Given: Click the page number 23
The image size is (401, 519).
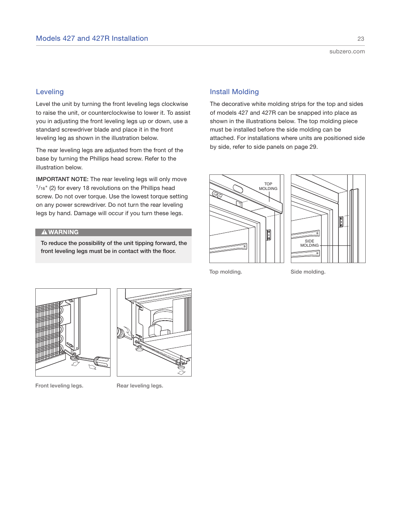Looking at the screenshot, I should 361,39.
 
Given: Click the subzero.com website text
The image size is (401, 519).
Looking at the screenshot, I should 347,52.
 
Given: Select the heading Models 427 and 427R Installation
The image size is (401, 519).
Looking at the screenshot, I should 92,39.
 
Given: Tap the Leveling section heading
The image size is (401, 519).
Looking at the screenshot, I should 50,92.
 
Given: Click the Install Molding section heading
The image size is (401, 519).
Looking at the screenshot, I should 234,92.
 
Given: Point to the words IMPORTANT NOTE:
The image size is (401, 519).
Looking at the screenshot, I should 62,179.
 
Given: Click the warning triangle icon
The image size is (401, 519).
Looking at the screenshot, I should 44,232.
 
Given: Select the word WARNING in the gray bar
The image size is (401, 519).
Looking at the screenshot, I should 63,232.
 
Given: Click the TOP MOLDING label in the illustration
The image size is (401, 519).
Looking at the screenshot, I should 268,186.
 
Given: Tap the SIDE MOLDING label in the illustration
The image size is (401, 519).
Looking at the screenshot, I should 309,243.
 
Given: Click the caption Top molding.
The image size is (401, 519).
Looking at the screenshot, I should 226,272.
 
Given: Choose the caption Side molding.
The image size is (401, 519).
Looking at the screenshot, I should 308,272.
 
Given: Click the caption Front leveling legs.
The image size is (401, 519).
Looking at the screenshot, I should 59,386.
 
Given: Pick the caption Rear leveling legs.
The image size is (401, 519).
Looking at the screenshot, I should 140,386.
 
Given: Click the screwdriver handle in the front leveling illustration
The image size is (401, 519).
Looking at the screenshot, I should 102,361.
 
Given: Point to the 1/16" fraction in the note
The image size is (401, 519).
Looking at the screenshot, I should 42,188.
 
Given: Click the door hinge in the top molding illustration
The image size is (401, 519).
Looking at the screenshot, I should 269,235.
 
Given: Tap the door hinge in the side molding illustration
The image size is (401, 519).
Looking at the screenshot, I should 341,221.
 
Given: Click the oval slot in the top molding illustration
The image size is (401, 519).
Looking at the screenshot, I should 238,189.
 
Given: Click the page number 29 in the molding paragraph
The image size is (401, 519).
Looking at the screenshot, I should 312,147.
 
